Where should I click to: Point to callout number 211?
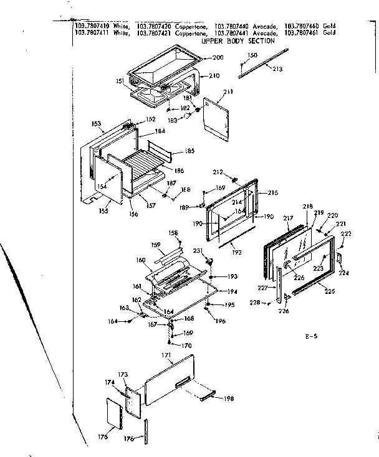click(228, 92)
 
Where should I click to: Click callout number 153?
click(95, 124)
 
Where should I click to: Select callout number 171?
click(166, 355)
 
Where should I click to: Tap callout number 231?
click(198, 251)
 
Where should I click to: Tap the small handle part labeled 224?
click(340, 257)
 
